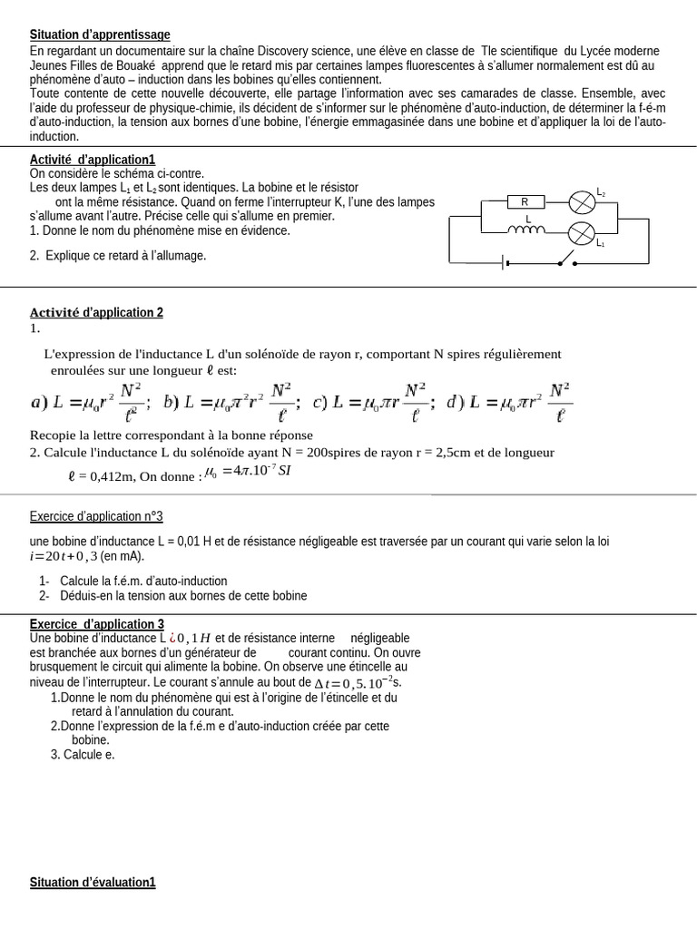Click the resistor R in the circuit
pos(524,201)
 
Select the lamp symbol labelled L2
pos(582,201)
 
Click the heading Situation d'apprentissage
pos(100,34)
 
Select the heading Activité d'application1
pos(93,160)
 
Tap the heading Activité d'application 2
pos(96,312)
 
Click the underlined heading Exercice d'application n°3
pos(96,516)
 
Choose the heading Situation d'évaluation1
pos(93,882)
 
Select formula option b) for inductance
pos(227,402)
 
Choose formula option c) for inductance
pos(373,402)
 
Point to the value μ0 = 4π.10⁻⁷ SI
pos(247,471)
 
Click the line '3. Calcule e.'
pos(83,754)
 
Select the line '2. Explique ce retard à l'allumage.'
pos(118,256)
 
